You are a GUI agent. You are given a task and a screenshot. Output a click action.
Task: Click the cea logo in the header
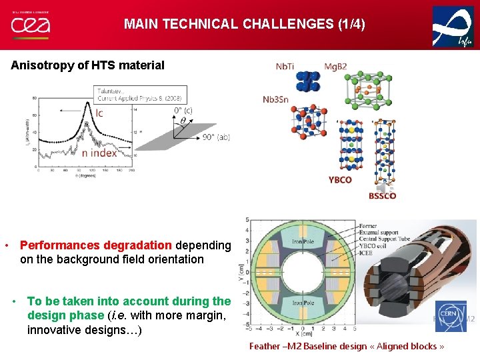click(30, 25)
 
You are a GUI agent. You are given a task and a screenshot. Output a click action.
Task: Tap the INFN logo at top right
click(453, 26)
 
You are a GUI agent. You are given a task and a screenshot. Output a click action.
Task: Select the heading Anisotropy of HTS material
click(87, 65)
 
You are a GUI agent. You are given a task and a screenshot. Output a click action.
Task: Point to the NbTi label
click(286, 67)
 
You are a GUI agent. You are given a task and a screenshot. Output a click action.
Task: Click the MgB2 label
click(335, 67)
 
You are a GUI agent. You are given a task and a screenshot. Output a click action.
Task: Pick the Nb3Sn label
click(276, 99)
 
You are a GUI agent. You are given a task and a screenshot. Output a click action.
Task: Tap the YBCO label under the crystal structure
click(340, 180)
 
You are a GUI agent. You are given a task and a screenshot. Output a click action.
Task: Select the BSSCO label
click(382, 195)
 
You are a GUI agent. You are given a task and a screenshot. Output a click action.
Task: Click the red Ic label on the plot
click(99, 113)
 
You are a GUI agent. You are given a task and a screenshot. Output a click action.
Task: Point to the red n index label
click(99, 153)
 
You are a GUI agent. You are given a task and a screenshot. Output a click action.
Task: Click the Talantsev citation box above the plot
click(140, 94)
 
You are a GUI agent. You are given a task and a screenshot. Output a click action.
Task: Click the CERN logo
click(451, 315)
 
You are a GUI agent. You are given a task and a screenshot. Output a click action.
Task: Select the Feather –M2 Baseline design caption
click(346, 346)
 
